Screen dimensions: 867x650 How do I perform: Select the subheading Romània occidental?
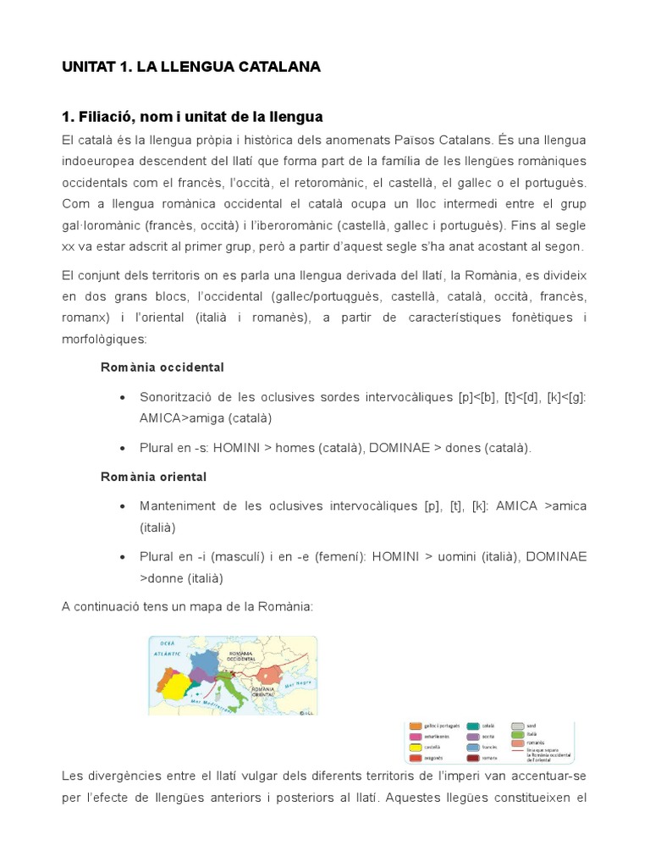coord(162,367)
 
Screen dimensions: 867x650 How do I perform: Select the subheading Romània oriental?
coord(153,477)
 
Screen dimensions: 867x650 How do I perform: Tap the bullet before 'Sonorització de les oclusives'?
coord(124,397)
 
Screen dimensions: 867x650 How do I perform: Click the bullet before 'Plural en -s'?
coord(124,448)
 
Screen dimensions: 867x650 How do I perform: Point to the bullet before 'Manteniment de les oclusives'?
coord(124,506)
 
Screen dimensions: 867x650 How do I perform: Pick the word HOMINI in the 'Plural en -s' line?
coord(240,448)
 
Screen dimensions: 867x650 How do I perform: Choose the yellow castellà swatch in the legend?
coord(416,747)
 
